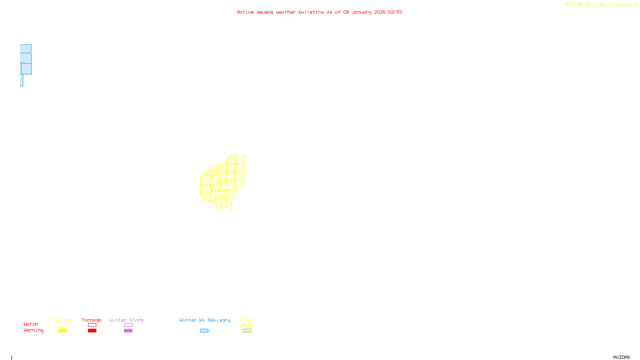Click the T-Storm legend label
[x=62, y=320]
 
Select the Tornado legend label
[x=92, y=320]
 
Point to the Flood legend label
[x=247, y=320]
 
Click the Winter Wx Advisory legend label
[x=205, y=320]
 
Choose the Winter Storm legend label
[x=126, y=320]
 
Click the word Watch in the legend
[x=31, y=324]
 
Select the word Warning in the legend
[x=34, y=330]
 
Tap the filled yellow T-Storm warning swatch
[x=62, y=331]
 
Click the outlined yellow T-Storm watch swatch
[x=62, y=325]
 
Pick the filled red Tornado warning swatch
[x=92, y=331]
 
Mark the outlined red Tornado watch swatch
[x=92, y=325]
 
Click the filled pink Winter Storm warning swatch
[x=128, y=331]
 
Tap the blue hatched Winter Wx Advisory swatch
[x=204, y=331]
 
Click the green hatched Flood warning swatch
[x=247, y=331]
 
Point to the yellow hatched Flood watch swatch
[x=247, y=325]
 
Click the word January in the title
[x=362, y=12]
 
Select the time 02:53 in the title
[x=395, y=12]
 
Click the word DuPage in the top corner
[x=624, y=5]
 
